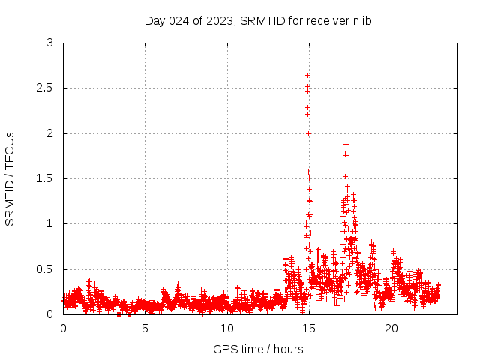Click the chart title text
[x=258, y=20]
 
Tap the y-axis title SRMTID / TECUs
[x=10, y=178]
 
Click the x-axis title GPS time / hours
[x=258, y=349]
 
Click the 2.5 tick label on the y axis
[x=46, y=88]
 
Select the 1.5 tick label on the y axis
[x=46, y=178]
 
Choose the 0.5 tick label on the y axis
[x=46, y=269]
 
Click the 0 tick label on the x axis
[x=63, y=328]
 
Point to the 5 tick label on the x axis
[x=145, y=328]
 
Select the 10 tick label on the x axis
[x=227, y=328]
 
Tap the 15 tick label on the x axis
[x=310, y=328]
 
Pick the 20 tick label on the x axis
[x=391, y=328]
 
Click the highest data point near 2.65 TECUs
[x=307, y=75]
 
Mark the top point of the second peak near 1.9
[x=346, y=144]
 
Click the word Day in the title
[x=154, y=20]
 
